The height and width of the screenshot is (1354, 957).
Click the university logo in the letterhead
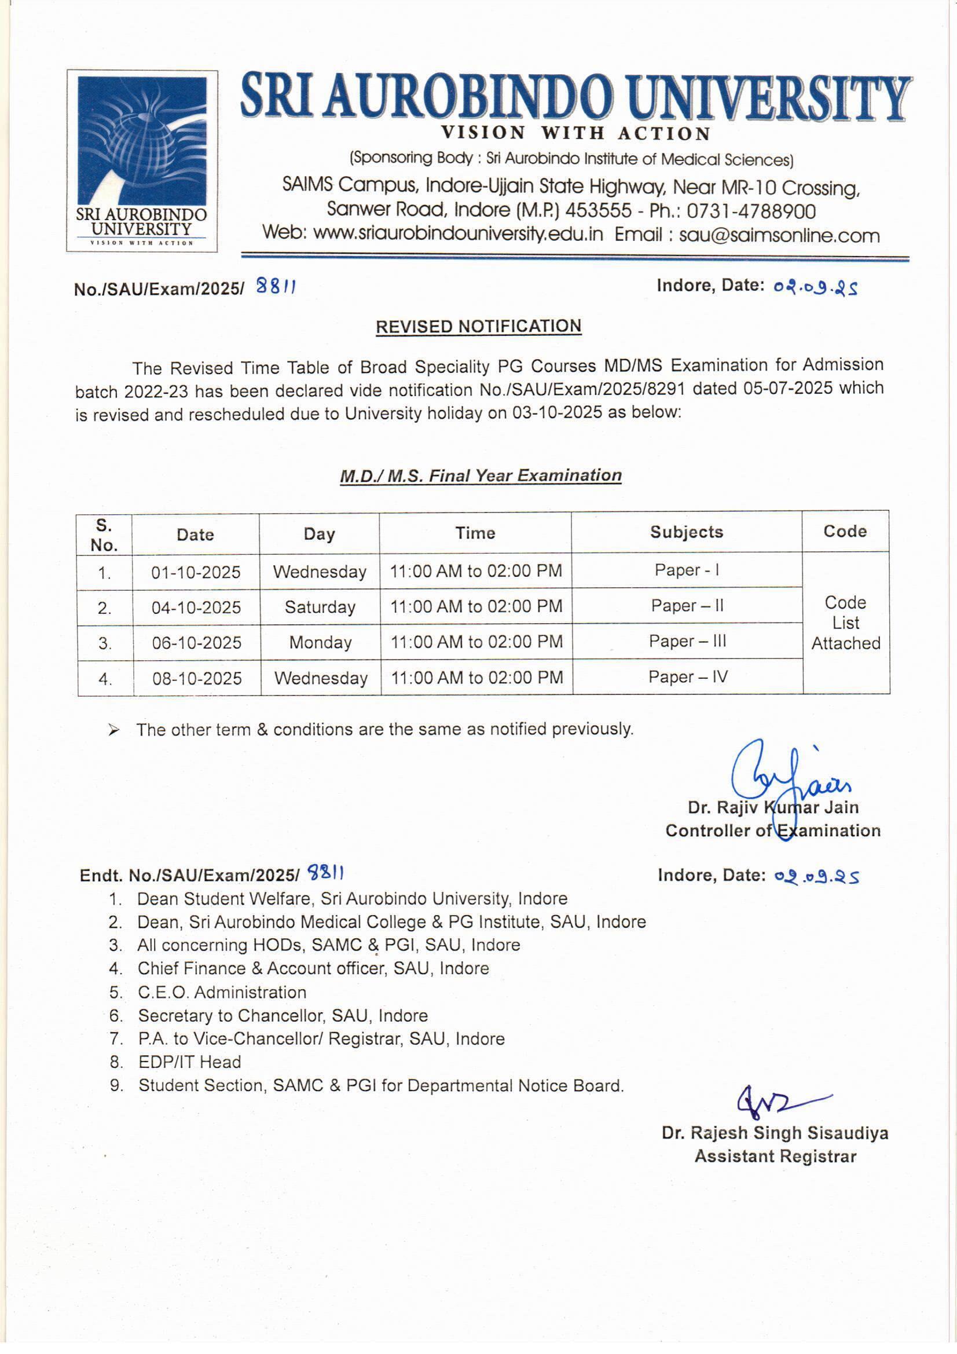[142, 160]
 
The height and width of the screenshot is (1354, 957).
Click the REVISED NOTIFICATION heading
[478, 327]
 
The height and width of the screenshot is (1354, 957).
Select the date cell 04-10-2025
[196, 608]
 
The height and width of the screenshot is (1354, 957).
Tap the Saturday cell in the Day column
[320, 607]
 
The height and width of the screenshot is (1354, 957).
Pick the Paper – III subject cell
[688, 641]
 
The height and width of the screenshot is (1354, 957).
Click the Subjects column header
[687, 532]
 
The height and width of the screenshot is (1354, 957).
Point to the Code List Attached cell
[846, 623]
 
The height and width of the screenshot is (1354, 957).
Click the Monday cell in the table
[320, 642]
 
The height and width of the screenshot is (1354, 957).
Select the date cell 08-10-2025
[197, 678]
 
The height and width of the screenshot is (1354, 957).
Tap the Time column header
[475, 533]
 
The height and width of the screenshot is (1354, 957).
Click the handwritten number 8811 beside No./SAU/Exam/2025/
[276, 287]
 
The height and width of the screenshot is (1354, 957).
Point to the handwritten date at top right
[816, 287]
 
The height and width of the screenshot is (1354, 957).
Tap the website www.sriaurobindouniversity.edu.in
[458, 234]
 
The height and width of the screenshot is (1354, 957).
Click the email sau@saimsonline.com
[779, 235]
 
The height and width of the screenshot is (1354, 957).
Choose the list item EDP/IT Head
[189, 1062]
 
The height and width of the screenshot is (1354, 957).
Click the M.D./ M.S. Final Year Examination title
[481, 475]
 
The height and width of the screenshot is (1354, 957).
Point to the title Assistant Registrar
[775, 1157]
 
